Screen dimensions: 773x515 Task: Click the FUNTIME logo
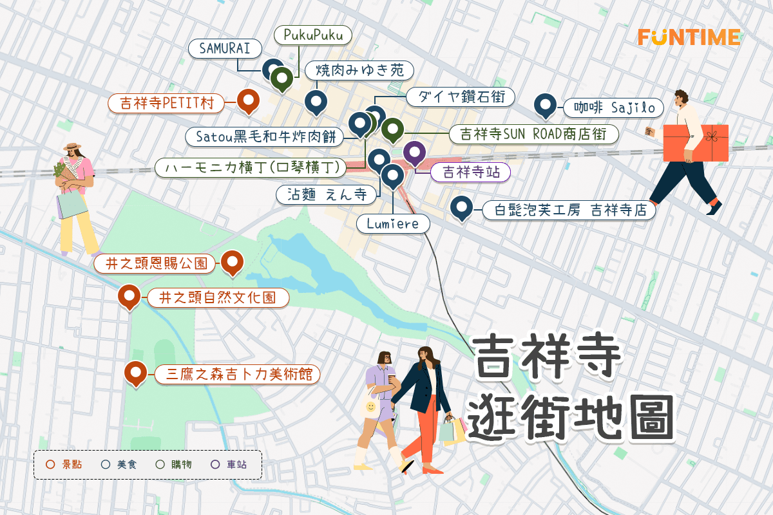pos(689,37)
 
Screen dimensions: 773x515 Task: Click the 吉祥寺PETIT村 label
pos(167,103)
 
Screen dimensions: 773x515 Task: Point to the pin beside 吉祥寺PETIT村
pos(248,100)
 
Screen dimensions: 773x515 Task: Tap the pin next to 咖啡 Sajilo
pos(546,106)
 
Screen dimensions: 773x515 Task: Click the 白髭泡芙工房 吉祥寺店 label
pos(569,211)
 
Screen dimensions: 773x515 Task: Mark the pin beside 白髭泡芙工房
pos(461,207)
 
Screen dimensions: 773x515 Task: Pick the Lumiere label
pos(393,224)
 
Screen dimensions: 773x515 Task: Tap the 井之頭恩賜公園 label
pos(155,264)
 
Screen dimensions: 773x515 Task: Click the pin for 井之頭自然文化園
pos(129,296)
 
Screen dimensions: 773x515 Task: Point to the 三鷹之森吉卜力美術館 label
pos(238,374)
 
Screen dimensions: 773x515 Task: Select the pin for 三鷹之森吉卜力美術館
pos(135,372)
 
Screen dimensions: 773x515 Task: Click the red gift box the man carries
pos(696,143)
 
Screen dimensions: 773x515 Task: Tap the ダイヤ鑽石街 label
pos(461,97)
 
